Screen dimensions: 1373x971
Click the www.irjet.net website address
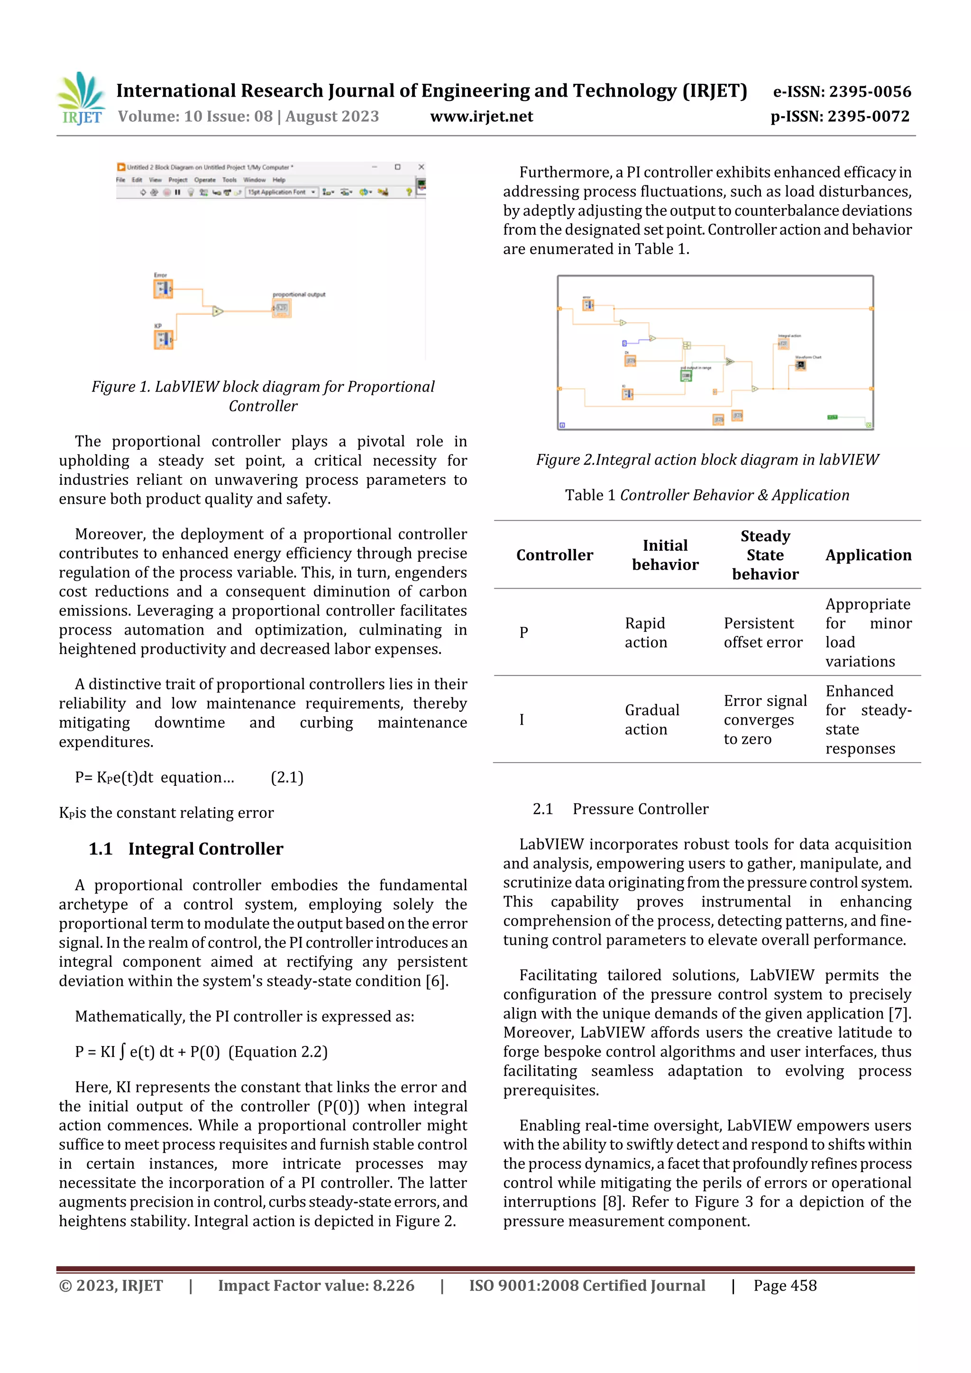click(481, 116)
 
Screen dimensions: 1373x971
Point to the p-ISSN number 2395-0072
click(840, 116)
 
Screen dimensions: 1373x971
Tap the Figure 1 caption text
click(263, 396)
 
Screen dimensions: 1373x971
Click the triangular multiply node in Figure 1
click(218, 311)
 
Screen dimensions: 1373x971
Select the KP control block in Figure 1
click(163, 339)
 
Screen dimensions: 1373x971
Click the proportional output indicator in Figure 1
click(282, 308)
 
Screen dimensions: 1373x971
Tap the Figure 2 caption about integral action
click(707, 459)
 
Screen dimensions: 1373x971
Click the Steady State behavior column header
click(765, 555)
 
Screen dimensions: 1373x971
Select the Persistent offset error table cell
click(762, 633)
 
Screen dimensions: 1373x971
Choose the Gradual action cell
click(651, 719)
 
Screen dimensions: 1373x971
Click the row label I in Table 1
click(522, 719)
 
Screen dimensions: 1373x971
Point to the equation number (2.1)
click(287, 777)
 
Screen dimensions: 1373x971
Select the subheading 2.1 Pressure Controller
click(621, 809)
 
